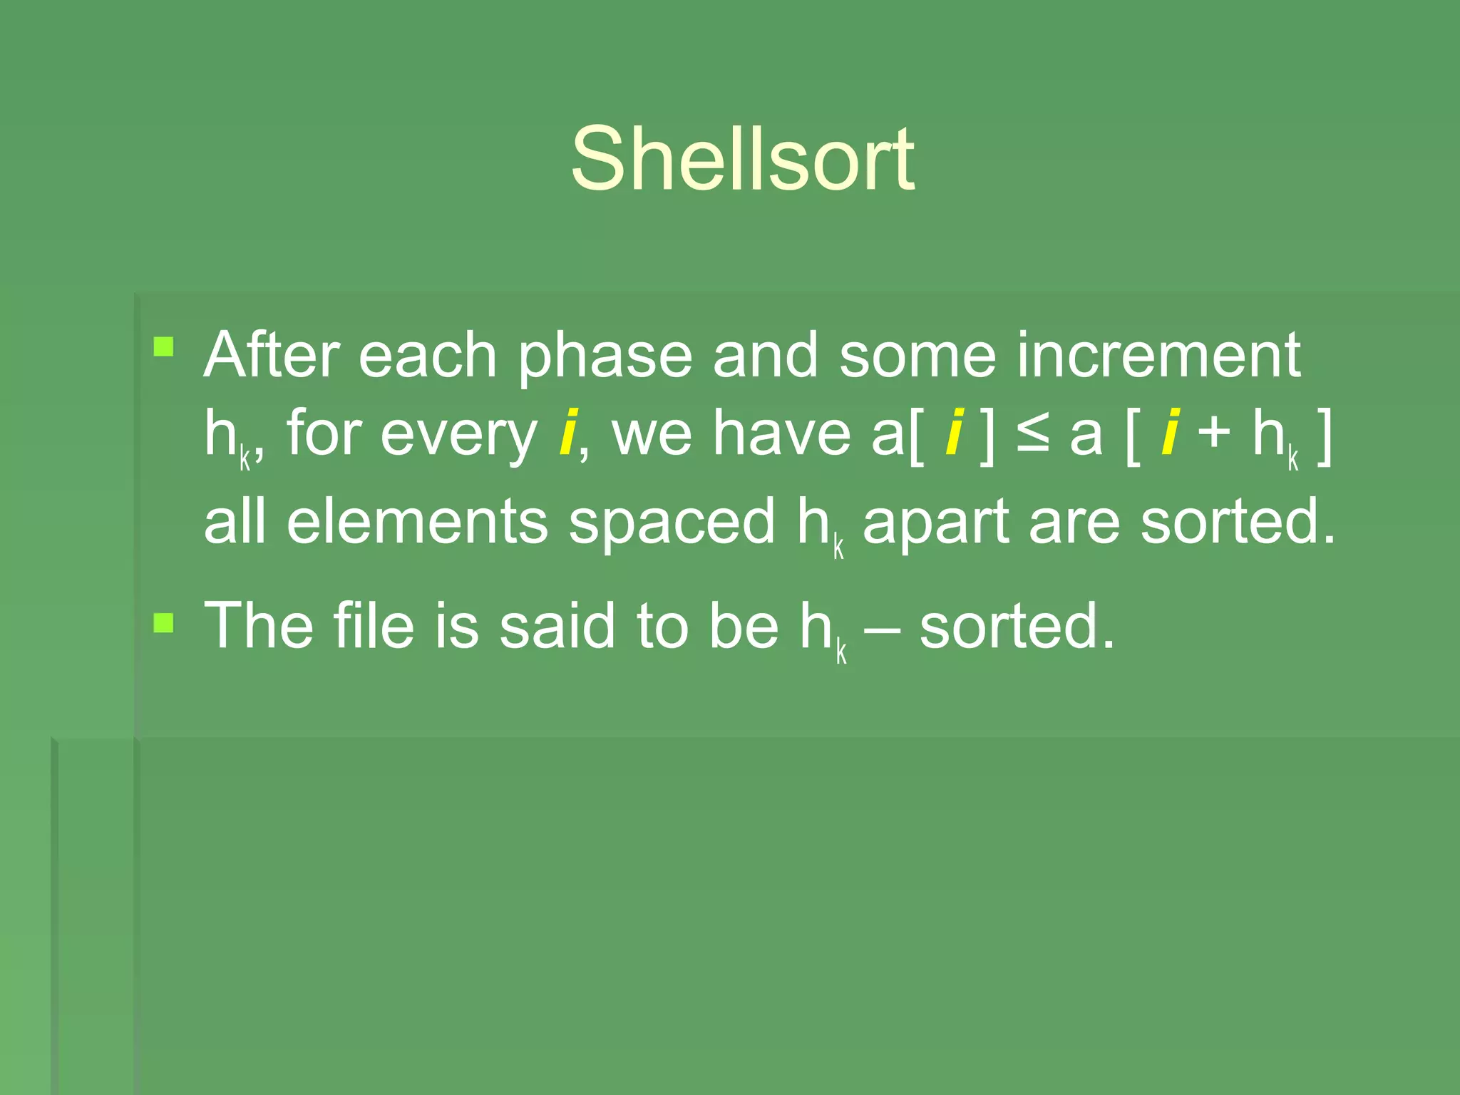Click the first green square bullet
click(164, 347)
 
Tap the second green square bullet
click(164, 623)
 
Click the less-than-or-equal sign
click(1032, 433)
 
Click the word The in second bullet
click(259, 625)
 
